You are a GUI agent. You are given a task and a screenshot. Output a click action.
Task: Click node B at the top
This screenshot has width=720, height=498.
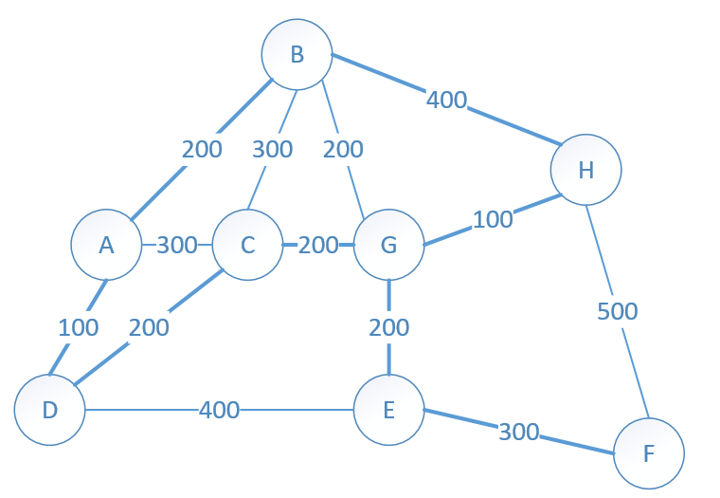point(297,54)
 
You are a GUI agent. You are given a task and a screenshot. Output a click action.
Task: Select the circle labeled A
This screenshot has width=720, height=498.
point(106,245)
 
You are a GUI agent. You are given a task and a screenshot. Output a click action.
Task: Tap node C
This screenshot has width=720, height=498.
point(247,245)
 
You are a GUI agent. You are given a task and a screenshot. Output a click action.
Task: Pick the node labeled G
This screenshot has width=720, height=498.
point(389,245)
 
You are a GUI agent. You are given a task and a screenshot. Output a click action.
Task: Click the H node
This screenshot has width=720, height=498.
point(585,170)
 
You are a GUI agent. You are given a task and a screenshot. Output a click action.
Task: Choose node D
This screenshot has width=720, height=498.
point(49,410)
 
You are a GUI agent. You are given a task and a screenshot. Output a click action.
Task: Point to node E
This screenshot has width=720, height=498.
point(389,410)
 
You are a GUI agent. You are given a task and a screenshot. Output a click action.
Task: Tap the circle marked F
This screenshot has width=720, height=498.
point(649,453)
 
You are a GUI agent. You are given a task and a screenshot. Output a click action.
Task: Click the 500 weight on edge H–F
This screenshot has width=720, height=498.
point(617,311)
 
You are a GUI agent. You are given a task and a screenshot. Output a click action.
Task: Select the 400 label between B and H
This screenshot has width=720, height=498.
point(446,100)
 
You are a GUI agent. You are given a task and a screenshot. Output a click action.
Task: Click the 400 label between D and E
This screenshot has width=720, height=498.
point(219,410)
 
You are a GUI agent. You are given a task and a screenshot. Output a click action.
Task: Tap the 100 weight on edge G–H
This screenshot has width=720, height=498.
point(493,219)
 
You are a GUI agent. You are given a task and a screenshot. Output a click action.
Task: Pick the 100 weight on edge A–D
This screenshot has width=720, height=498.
point(78,327)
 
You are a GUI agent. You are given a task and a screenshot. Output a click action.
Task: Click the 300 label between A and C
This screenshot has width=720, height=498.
point(177,245)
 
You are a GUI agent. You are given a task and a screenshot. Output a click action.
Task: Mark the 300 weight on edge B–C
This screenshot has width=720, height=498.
point(272,149)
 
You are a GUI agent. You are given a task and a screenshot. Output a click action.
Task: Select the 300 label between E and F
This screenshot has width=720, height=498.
point(518,432)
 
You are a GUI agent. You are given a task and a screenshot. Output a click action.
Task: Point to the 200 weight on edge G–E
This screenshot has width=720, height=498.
point(389,327)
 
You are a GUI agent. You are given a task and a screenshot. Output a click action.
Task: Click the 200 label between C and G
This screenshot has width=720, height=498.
point(318,245)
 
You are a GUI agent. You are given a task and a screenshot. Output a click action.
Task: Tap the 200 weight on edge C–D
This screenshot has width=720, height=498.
point(149,327)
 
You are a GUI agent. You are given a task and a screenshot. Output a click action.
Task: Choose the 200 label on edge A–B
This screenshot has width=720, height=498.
point(202,149)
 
